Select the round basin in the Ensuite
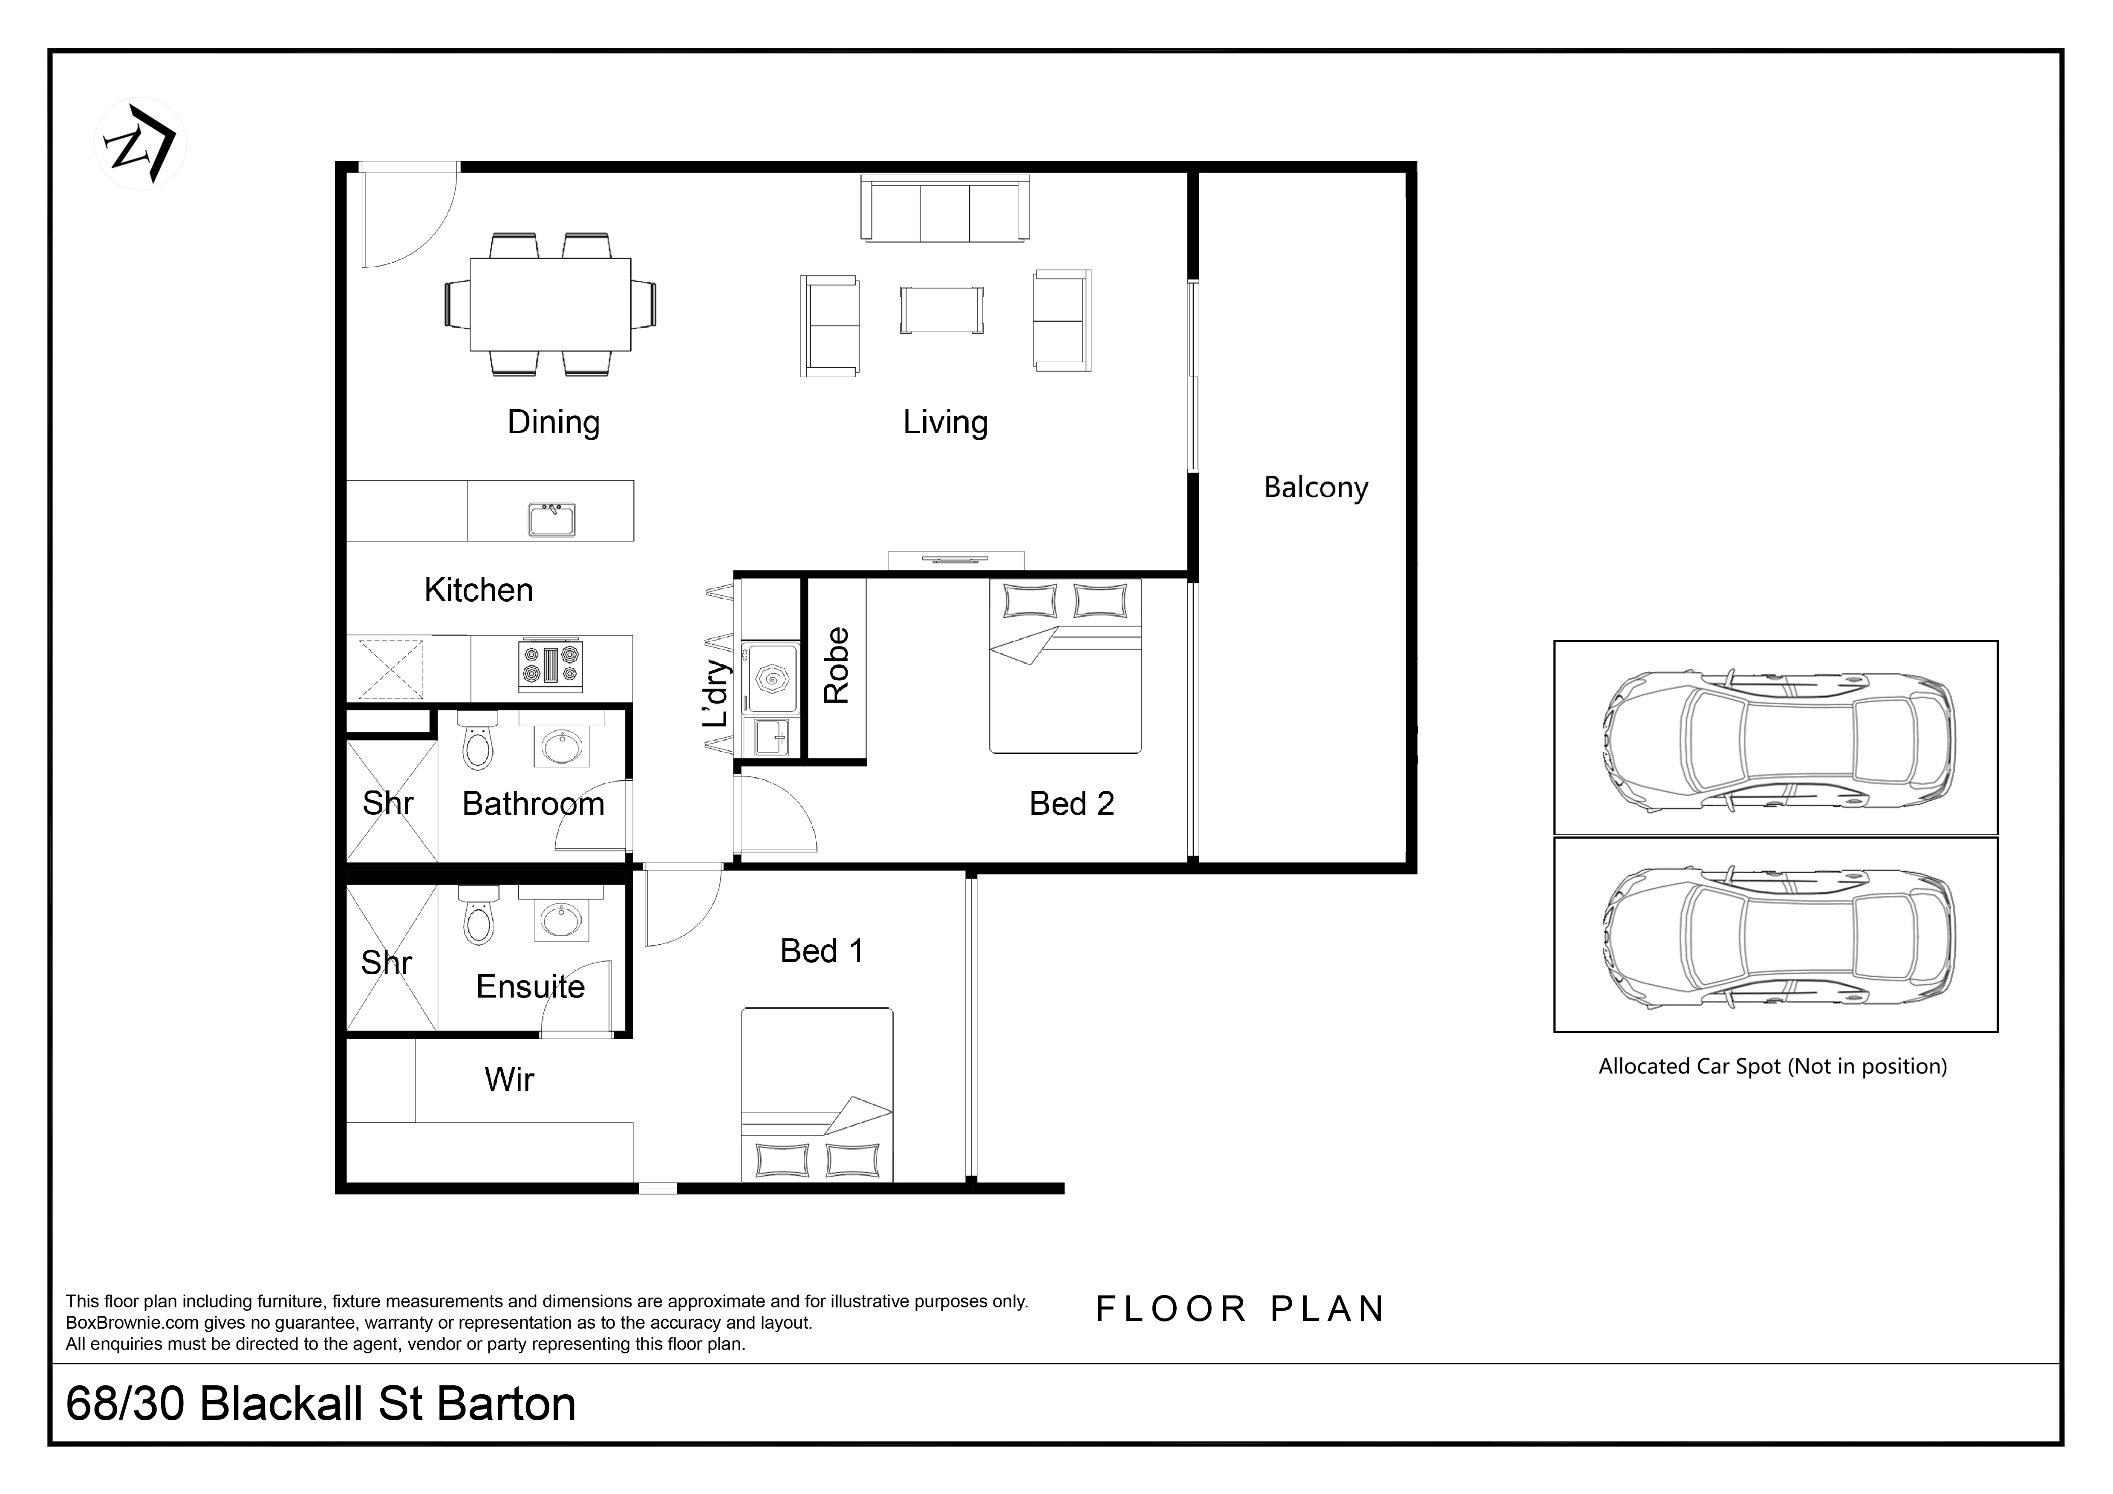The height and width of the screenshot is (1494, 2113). coord(560,920)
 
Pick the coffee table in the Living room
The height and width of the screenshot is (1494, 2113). coord(941,309)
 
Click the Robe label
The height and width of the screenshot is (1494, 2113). coord(836,665)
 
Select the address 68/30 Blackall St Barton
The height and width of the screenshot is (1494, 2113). coord(321,1404)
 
